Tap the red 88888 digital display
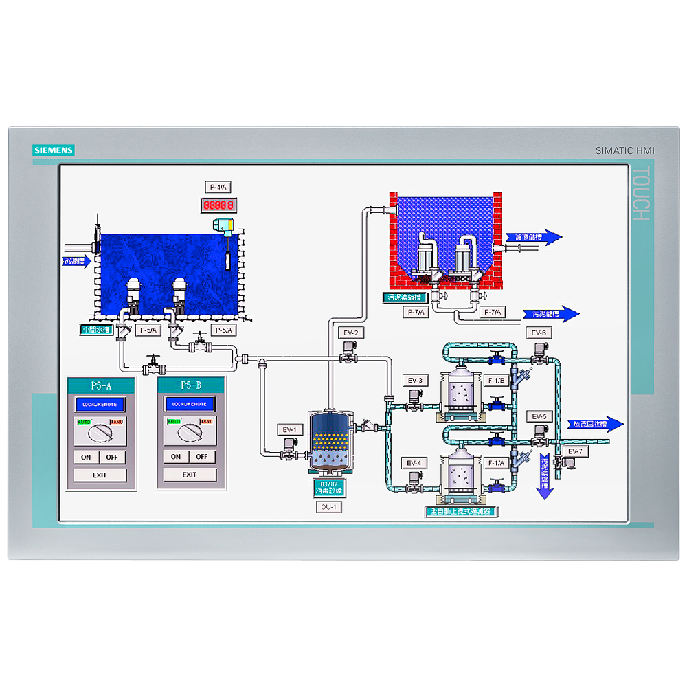click(x=218, y=205)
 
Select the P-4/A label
click(x=218, y=187)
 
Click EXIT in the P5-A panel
click(x=100, y=475)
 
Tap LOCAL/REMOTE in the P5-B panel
click(x=190, y=404)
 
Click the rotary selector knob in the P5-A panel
click(x=100, y=432)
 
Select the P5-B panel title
click(x=191, y=385)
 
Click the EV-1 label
click(x=290, y=430)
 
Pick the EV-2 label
click(x=350, y=333)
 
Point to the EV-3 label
click(x=414, y=381)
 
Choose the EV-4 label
click(x=414, y=462)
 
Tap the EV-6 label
click(x=539, y=333)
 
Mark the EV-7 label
click(x=574, y=451)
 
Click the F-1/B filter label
click(x=495, y=381)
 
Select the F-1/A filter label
click(x=495, y=462)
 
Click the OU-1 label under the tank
click(x=328, y=507)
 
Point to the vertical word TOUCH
click(x=640, y=194)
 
